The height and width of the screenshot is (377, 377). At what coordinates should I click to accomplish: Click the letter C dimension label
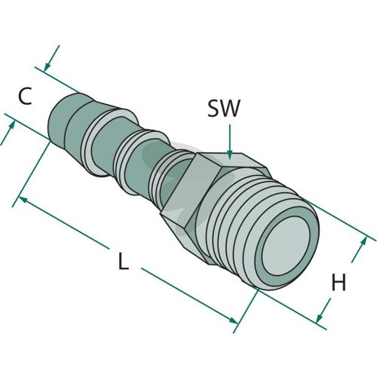coord(26,96)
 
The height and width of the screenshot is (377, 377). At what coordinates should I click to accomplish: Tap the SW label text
coord(224,109)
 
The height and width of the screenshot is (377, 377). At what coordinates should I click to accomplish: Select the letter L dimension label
coord(123,262)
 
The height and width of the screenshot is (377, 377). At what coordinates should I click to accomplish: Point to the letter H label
coord(339,283)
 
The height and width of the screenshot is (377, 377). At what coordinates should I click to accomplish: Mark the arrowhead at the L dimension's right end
coord(233,320)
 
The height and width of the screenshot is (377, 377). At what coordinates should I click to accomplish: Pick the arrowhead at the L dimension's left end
coord(23,199)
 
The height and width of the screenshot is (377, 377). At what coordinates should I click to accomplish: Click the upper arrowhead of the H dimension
coord(363,242)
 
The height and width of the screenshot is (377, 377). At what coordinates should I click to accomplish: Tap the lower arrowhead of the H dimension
coord(319,318)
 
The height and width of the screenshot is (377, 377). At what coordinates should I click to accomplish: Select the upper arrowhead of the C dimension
coord(47,67)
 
